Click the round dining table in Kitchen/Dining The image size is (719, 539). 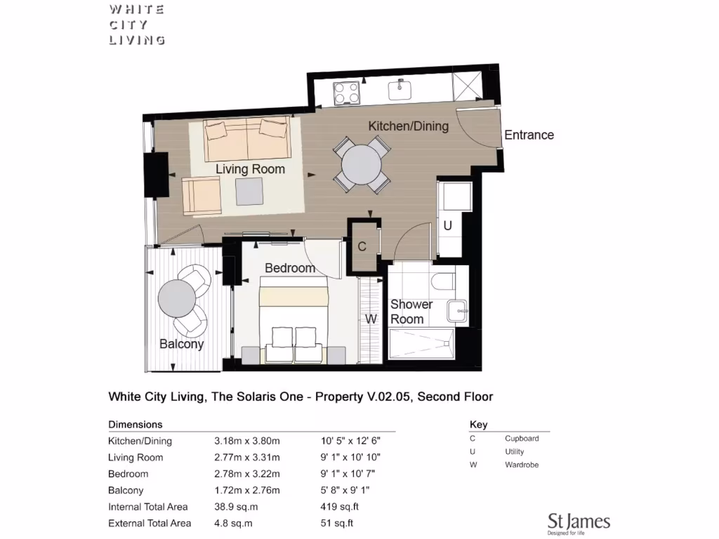pos(362,165)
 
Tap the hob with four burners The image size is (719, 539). pos(346,93)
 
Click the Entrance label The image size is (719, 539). pos(529,135)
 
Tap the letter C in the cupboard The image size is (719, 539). pos(362,247)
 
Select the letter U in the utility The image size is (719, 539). pos(447,226)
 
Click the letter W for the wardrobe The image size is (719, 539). pos(371,319)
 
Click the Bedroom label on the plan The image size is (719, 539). pos(289,268)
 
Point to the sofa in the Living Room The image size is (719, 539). pos(246,138)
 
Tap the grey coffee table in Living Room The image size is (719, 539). pos(249,189)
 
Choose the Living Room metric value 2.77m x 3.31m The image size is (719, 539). pos(247,458)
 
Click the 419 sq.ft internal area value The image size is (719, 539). pos(336,507)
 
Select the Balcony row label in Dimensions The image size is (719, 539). pos(126,491)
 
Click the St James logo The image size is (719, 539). pos(579,523)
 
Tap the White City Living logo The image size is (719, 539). pos(137,25)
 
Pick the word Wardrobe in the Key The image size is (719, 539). pos(522,465)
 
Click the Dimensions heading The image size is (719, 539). pos(136,425)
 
